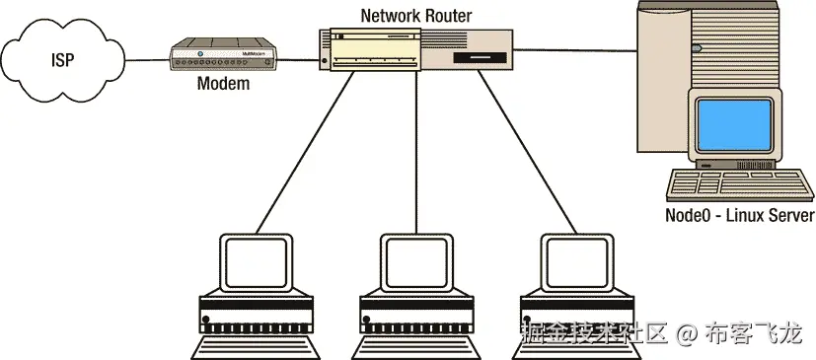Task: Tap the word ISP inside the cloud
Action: [63, 60]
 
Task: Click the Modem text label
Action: [223, 85]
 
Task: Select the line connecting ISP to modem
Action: [146, 59]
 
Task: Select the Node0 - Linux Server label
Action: [739, 216]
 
